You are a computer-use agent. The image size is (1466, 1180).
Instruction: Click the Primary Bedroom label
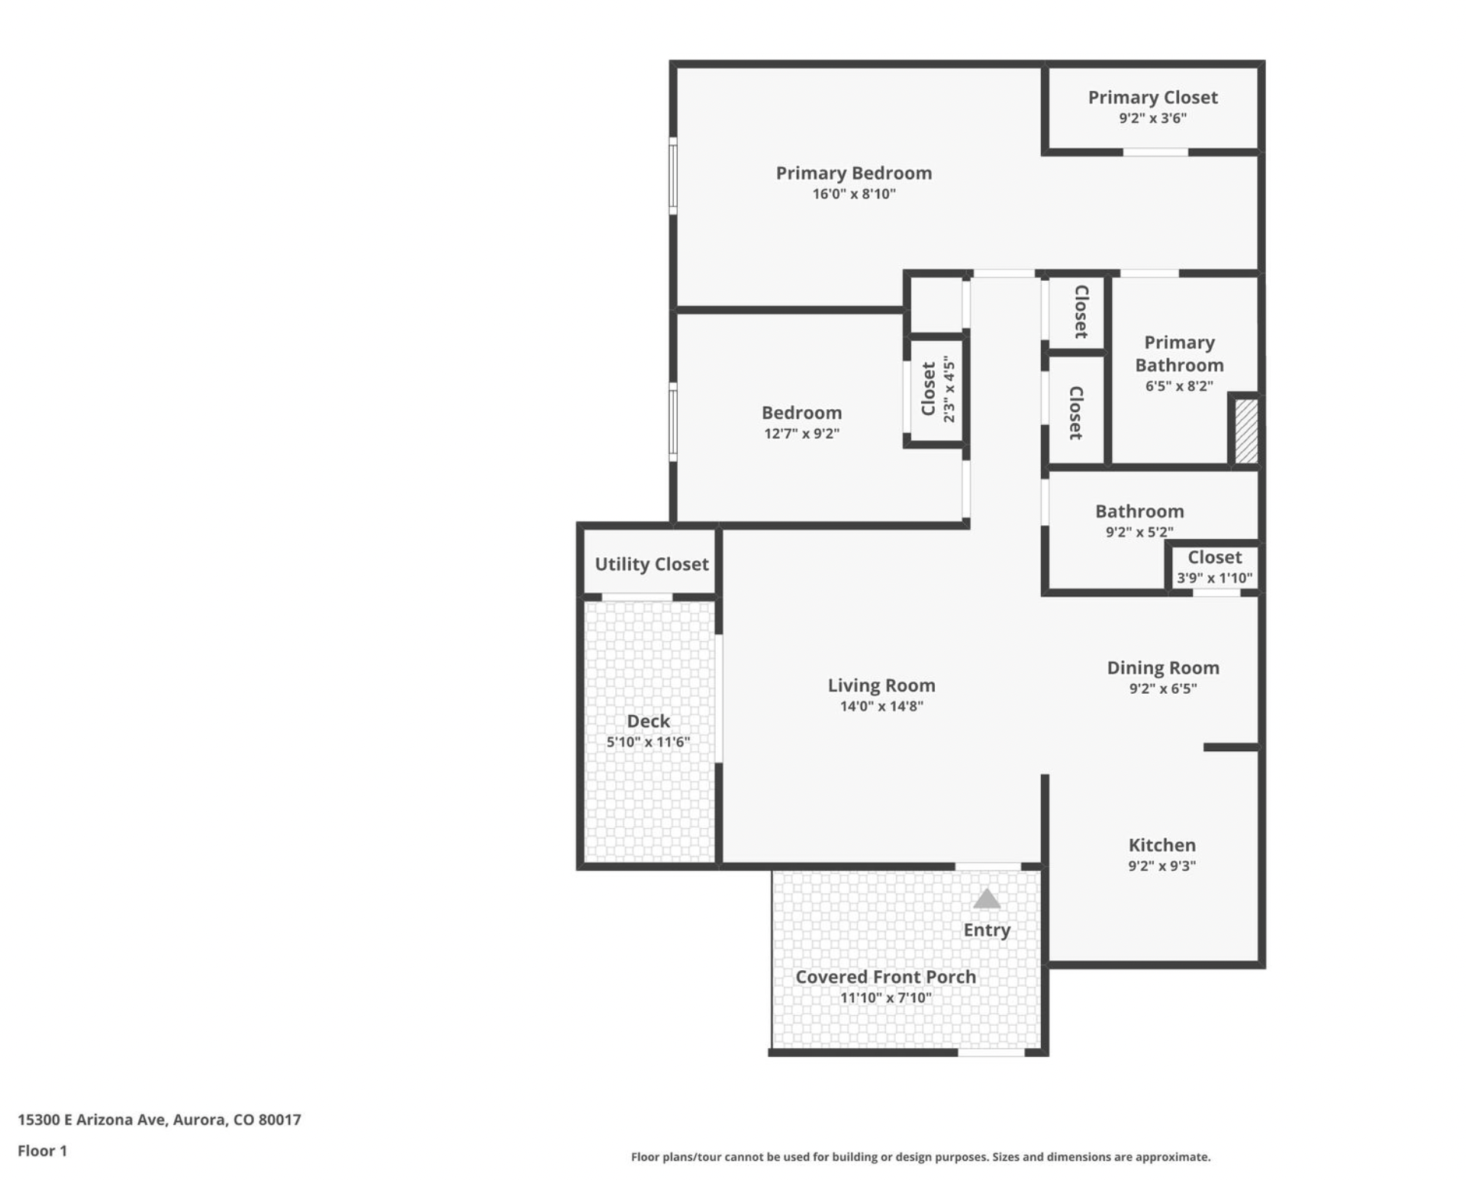click(x=853, y=173)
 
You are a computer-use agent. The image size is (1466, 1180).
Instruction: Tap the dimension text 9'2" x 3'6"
click(x=1152, y=118)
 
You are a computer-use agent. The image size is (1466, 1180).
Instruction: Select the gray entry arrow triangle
click(x=986, y=899)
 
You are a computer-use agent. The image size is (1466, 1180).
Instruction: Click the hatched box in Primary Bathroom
click(x=1245, y=431)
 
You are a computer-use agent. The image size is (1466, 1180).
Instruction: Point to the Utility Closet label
click(x=651, y=564)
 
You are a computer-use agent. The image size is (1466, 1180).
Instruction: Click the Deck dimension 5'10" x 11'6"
click(x=648, y=742)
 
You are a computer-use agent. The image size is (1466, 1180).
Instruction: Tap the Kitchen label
click(x=1162, y=845)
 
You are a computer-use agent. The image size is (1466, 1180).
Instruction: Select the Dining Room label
click(x=1162, y=668)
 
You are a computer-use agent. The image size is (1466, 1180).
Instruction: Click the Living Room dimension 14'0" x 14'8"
click(x=881, y=706)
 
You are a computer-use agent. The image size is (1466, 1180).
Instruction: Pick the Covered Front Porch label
click(x=885, y=977)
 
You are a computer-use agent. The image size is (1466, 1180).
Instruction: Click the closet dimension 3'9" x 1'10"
click(x=1214, y=578)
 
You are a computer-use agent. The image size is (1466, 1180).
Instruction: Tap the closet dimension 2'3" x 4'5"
click(x=949, y=388)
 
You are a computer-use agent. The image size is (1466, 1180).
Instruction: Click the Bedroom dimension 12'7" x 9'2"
click(x=801, y=434)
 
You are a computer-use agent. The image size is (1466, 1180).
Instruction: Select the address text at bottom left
click(x=159, y=1120)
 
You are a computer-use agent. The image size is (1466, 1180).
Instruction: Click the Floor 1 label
click(x=43, y=1151)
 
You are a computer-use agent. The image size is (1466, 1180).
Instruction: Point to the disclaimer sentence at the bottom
click(x=920, y=1157)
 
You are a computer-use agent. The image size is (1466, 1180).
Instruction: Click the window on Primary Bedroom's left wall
click(x=673, y=176)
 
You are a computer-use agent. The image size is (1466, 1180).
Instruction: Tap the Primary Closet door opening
click(x=1155, y=152)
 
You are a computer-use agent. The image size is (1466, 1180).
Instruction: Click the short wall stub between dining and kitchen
click(x=1230, y=747)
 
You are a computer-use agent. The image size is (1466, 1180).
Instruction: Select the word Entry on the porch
click(x=986, y=930)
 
